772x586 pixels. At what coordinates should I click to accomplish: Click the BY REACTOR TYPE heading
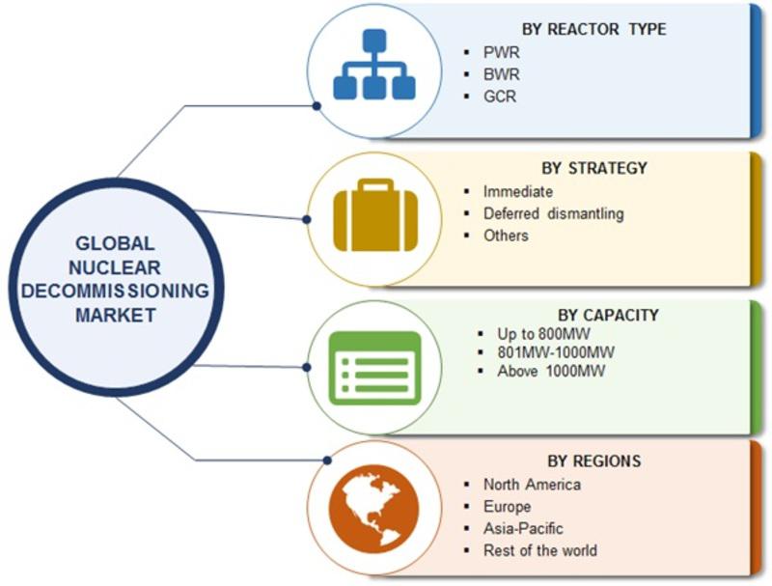point(593,29)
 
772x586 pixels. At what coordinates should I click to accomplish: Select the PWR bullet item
point(501,52)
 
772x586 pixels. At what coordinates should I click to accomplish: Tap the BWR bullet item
point(501,74)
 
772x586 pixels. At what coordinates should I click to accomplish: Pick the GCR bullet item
point(500,96)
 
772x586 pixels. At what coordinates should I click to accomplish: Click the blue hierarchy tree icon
point(374,64)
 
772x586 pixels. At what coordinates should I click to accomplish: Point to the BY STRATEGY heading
point(594,168)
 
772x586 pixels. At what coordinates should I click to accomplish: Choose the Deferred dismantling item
point(553,213)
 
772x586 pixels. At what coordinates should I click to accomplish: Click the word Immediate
point(518,191)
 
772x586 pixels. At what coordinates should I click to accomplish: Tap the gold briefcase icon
point(375,214)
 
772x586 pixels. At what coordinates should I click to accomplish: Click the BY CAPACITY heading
point(608,315)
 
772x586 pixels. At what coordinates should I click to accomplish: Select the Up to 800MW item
point(543,334)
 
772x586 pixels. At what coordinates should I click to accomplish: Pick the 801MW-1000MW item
point(556,352)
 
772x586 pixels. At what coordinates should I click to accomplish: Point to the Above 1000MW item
point(551,371)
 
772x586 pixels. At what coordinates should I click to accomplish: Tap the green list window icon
point(375,369)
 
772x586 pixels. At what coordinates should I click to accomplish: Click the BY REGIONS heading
point(594,460)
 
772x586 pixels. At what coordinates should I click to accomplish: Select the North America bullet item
point(532,485)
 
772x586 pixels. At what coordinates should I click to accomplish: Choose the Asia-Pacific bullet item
point(523,528)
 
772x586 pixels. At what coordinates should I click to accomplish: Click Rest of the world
point(540,550)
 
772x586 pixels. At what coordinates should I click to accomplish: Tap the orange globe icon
point(374,510)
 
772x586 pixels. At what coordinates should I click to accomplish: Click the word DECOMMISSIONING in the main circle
point(115,291)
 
